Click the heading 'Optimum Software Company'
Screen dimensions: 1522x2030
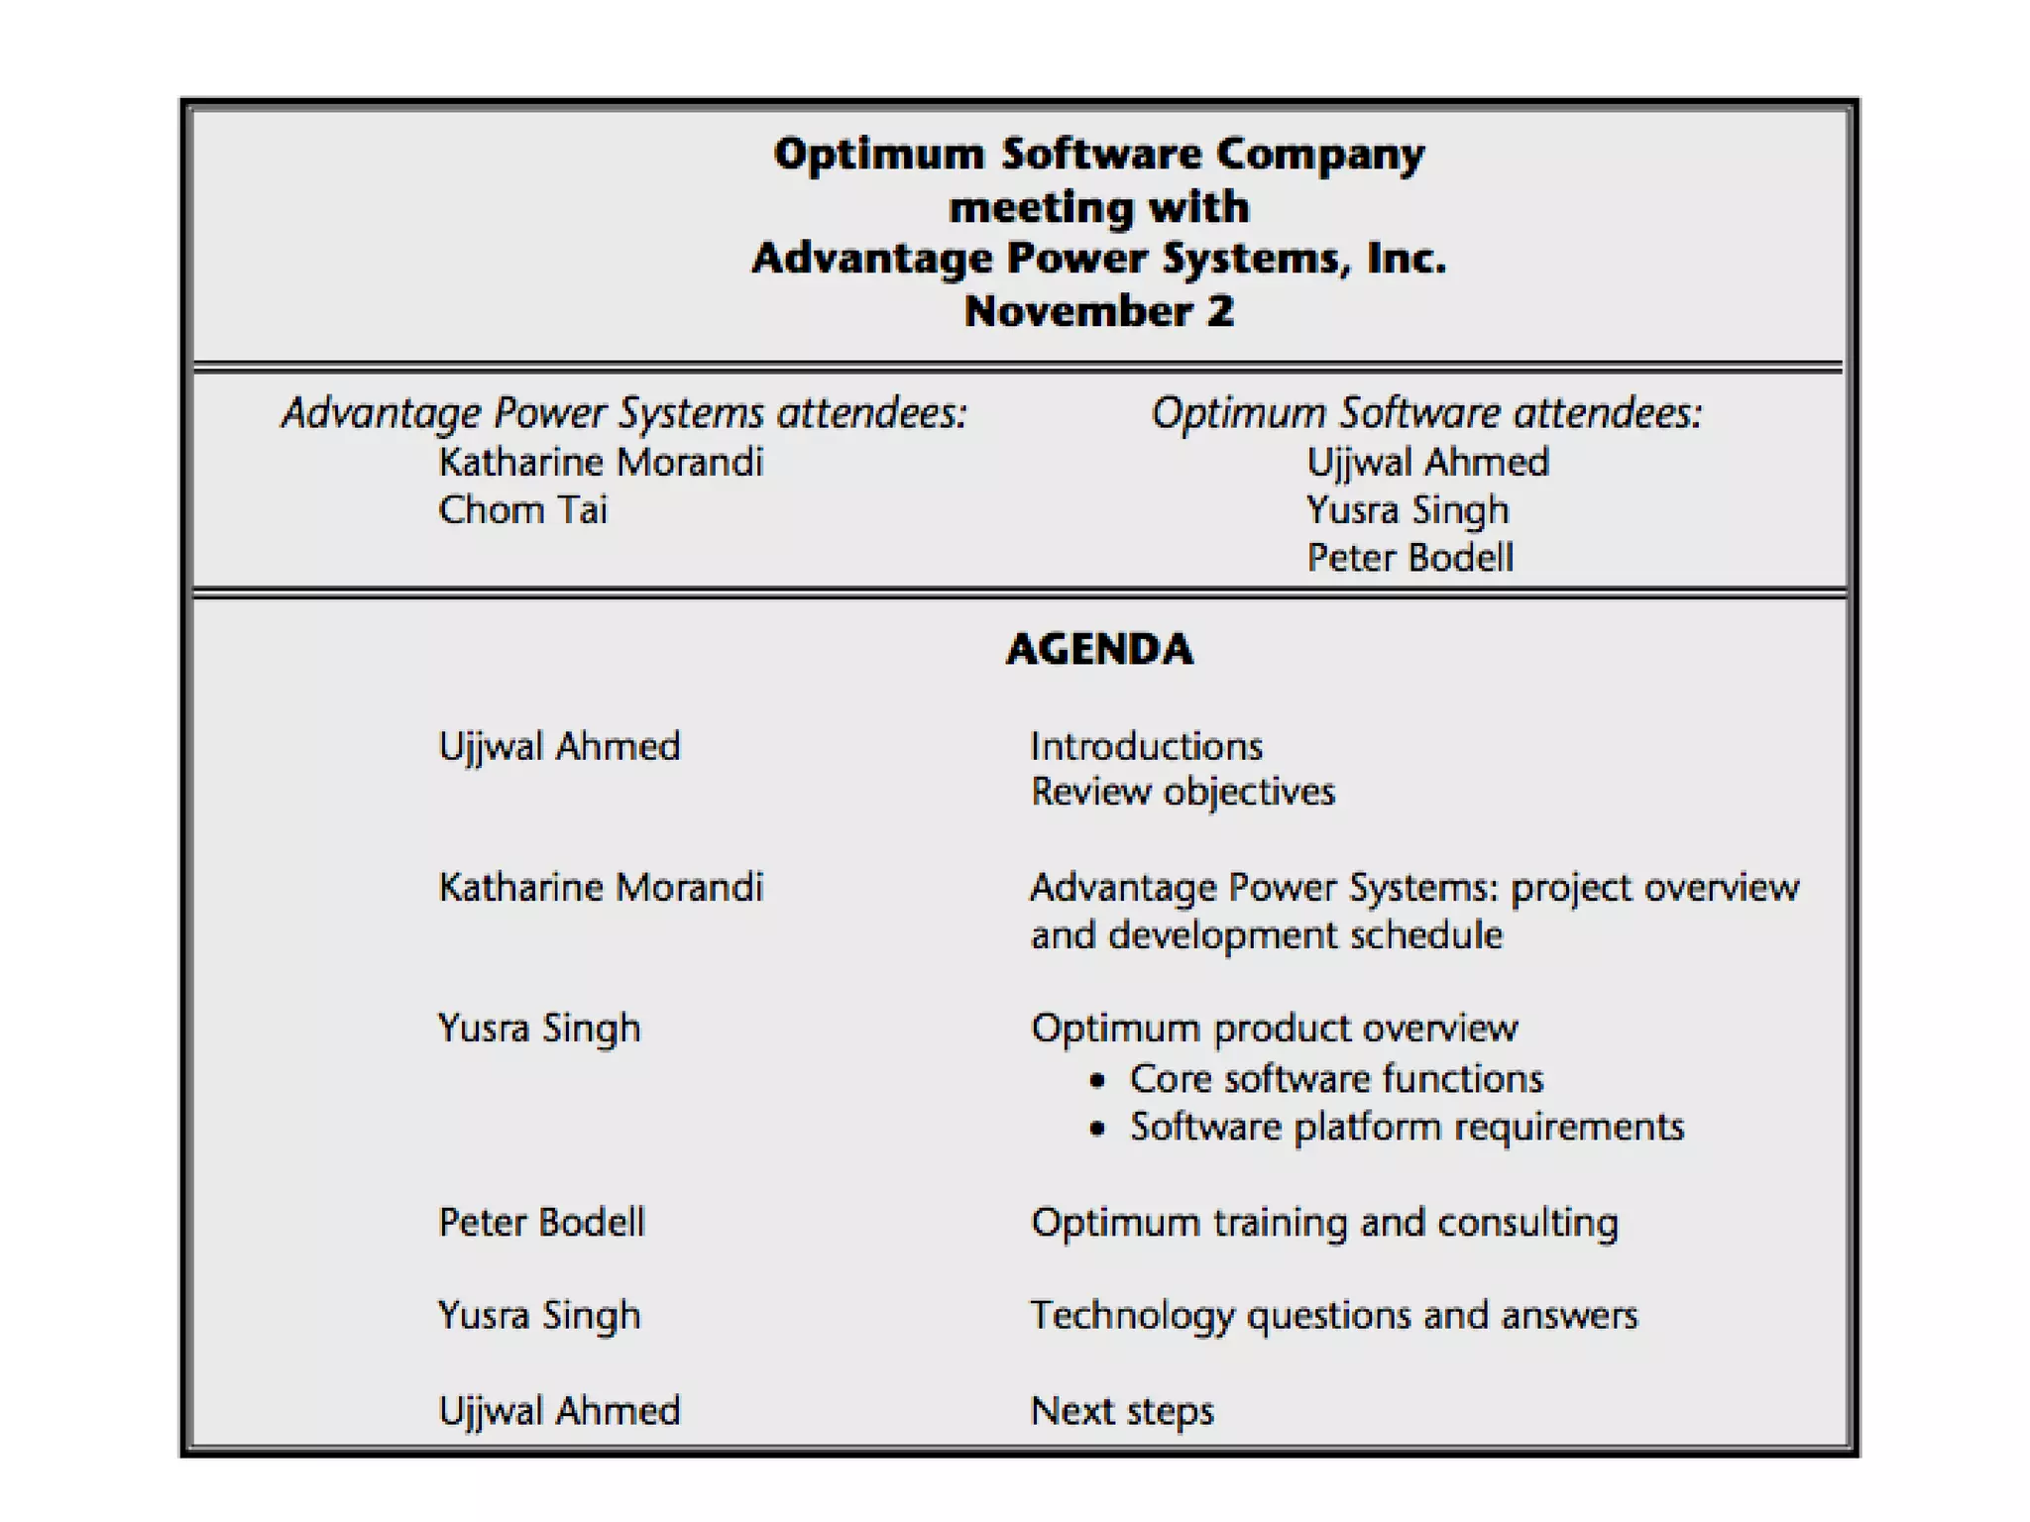pyautogui.click(x=1098, y=155)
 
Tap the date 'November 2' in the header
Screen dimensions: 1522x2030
pyautogui.click(x=1098, y=311)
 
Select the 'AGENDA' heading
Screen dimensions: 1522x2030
pyautogui.click(x=1099, y=649)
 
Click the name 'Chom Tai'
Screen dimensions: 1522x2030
pyautogui.click(x=522, y=510)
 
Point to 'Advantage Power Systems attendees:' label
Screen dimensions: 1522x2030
pyautogui.click(x=624, y=413)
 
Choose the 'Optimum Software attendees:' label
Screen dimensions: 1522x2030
pyautogui.click(x=1426, y=413)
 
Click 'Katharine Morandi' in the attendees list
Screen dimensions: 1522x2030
pyautogui.click(x=601, y=463)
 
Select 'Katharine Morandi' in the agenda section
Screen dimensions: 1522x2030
pyautogui.click(x=601, y=887)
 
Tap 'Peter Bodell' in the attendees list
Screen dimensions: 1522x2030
pyautogui.click(x=1410, y=558)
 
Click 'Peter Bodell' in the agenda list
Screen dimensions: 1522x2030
pyautogui.click(x=541, y=1222)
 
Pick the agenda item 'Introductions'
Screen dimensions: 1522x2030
pyautogui.click(x=1147, y=746)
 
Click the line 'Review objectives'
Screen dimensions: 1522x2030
pyautogui.click(x=1183, y=792)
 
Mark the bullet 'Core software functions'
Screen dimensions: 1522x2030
pyautogui.click(x=1336, y=1078)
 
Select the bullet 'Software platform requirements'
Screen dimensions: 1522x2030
pyautogui.click(x=1407, y=1127)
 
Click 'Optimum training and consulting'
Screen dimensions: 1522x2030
pyautogui.click(x=1324, y=1222)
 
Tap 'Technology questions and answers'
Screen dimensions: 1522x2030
pyautogui.click(x=1334, y=1315)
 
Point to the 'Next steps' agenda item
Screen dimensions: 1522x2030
pyautogui.click(x=1122, y=1410)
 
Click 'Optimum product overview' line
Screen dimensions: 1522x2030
pyautogui.click(x=1274, y=1029)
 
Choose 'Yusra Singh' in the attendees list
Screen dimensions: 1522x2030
pyautogui.click(x=1408, y=510)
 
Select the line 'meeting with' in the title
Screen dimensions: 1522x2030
pyautogui.click(x=1098, y=207)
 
